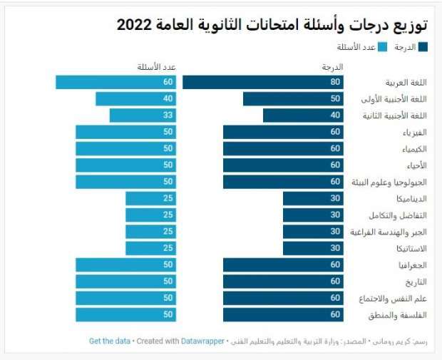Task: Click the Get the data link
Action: (x=109, y=341)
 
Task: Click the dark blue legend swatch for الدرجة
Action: (x=423, y=47)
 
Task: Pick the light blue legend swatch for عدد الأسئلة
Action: (x=382, y=47)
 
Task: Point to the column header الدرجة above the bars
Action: (x=333, y=67)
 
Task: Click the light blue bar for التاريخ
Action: (x=125, y=282)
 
